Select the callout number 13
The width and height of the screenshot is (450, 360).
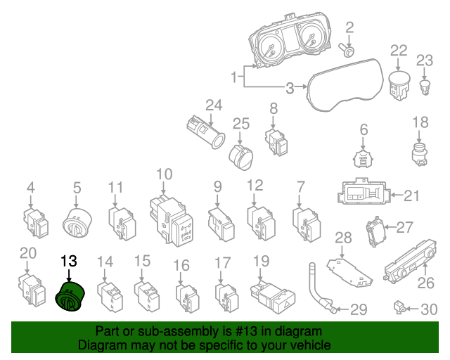pos(68,261)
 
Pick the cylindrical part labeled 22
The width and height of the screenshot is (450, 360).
pos(399,86)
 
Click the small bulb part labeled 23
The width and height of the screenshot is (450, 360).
pos(425,86)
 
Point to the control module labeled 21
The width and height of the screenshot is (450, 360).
pos(363,193)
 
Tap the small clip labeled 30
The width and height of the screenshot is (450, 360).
pos(399,307)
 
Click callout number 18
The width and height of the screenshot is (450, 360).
pos(420,122)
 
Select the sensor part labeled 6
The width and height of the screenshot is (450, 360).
pos(364,159)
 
